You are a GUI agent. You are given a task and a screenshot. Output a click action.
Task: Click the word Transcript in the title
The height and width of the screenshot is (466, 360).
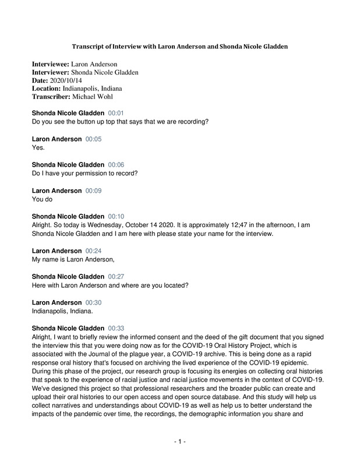[x=89, y=46]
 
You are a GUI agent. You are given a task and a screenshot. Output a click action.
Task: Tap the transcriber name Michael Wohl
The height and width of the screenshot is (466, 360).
[x=97, y=97]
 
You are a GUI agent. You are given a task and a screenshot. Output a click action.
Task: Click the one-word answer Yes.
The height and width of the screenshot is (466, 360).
[x=38, y=147]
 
